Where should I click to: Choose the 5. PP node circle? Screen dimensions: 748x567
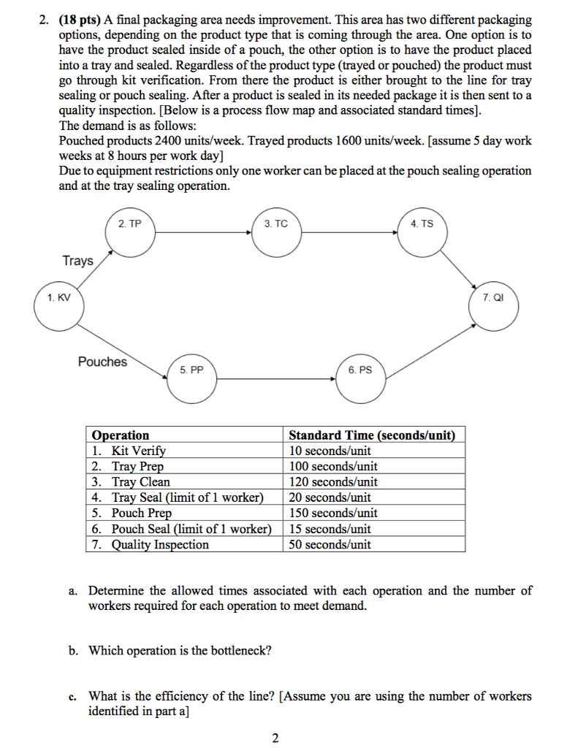191,379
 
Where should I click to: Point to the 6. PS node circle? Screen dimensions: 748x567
360,379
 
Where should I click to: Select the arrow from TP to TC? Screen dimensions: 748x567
202,233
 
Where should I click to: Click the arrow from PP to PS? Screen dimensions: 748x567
276,379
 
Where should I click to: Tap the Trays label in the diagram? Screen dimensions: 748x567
77,261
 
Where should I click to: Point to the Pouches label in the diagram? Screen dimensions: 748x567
102,362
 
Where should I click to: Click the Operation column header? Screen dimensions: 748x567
121,435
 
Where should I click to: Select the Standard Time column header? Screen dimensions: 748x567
372,435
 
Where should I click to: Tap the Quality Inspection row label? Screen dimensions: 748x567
160,545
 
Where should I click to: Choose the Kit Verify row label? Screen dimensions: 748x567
139,451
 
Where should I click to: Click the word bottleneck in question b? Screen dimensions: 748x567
237,651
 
